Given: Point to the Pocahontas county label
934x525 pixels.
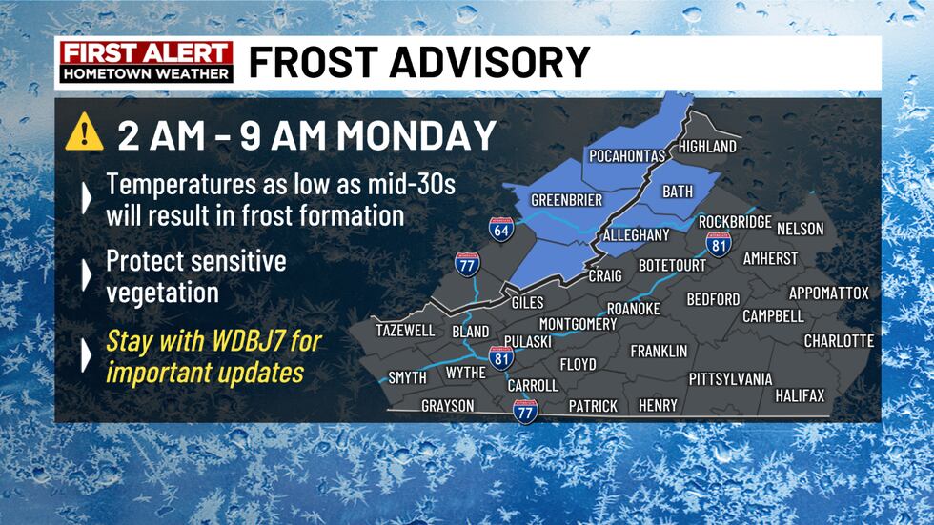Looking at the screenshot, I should point(628,156).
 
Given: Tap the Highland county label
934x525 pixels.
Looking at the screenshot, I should point(707,147).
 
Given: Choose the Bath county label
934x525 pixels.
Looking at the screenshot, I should point(678,192).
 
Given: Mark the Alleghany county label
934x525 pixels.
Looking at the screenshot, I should point(637,235).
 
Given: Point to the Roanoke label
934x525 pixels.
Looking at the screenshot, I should point(634,309).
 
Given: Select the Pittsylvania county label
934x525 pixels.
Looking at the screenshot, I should point(730,379).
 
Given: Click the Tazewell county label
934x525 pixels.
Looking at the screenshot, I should point(405,331).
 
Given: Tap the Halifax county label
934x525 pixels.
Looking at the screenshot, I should point(800,395).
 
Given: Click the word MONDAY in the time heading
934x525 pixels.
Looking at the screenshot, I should point(416,135).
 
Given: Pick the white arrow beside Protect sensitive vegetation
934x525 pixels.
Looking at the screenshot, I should point(87,275).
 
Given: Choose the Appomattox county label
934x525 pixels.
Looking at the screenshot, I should point(828,293).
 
